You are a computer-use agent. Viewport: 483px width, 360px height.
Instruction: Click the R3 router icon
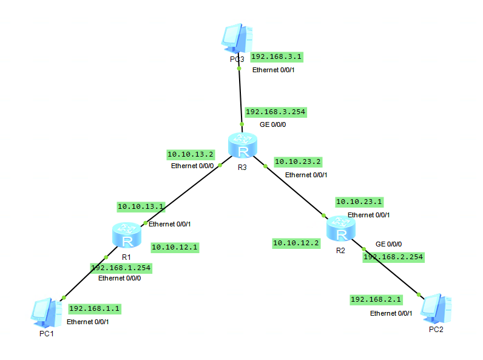point(243,146)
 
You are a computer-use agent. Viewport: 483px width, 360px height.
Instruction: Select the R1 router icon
point(127,236)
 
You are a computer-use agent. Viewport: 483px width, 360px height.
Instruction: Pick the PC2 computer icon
point(437,308)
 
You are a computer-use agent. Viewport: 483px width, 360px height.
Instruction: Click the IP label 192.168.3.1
point(277,56)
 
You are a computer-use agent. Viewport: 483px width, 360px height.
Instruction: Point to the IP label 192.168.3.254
point(275,112)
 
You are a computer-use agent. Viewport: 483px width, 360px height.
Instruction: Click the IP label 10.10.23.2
point(298,161)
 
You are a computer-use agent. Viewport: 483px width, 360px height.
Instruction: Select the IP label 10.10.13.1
point(141,206)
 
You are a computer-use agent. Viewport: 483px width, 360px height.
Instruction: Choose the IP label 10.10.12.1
point(175,247)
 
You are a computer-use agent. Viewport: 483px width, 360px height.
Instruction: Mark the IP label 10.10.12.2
point(296,243)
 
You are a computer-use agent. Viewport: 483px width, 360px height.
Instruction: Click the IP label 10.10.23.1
point(359,202)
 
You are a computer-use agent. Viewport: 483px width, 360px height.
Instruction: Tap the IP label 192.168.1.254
point(121,267)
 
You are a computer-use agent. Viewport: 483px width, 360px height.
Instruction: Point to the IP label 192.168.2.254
point(393,257)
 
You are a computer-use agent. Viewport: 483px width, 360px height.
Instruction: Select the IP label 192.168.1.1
point(95,308)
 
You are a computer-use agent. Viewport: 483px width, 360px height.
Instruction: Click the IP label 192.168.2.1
point(376,300)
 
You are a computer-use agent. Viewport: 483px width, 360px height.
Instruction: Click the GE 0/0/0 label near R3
point(272,124)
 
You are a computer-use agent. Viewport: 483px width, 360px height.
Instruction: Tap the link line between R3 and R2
point(294,189)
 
